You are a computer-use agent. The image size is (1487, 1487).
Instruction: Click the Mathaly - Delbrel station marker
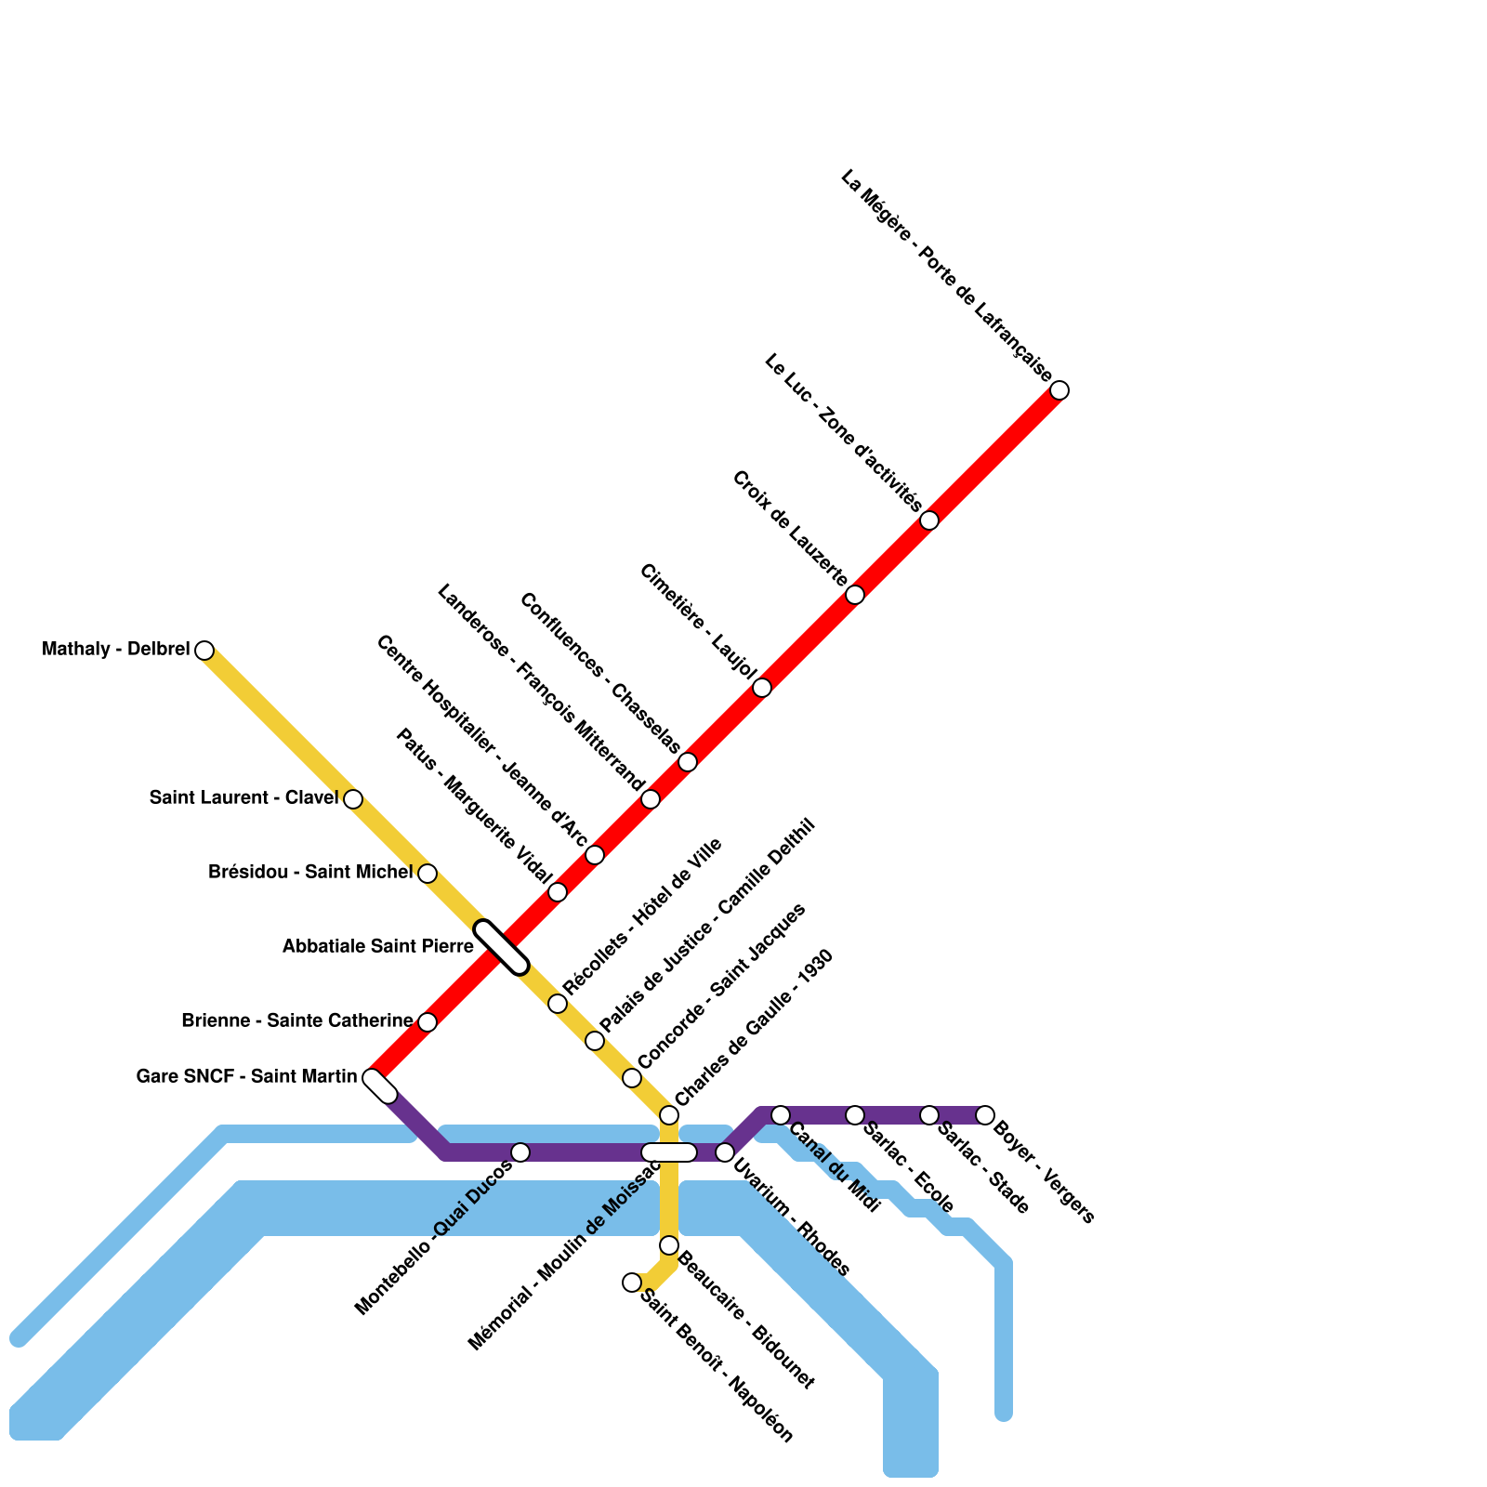tap(204, 651)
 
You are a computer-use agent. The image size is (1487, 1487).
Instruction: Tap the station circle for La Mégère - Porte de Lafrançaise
tap(1059, 390)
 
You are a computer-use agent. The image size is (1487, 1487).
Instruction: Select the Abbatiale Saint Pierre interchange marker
tap(502, 947)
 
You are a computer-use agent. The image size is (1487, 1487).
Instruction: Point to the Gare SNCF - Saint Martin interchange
tap(380, 1086)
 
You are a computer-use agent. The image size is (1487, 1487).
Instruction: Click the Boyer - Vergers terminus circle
tap(985, 1115)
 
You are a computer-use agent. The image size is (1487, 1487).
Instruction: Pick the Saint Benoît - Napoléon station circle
tap(632, 1283)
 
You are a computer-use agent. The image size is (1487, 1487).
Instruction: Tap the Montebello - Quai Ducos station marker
tap(520, 1152)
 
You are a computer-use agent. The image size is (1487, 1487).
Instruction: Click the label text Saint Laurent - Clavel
tap(243, 797)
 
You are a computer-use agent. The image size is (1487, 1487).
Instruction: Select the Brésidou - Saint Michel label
tap(310, 872)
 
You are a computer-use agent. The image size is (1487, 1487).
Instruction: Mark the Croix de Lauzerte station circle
tap(855, 595)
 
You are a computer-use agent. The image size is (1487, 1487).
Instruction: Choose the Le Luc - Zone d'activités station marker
tap(929, 520)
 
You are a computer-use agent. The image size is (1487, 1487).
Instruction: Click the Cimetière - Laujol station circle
tap(762, 688)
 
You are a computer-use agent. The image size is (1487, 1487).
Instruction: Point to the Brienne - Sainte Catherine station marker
tap(428, 1022)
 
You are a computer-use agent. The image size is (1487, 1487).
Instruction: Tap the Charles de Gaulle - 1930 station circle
tap(669, 1115)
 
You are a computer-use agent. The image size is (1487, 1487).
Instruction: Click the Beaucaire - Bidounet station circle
tap(669, 1245)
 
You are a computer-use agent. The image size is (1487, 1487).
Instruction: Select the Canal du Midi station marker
tap(781, 1115)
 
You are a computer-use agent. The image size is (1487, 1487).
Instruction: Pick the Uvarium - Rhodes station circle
tap(725, 1152)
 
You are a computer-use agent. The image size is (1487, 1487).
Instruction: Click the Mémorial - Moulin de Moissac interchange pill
tap(669, 1152)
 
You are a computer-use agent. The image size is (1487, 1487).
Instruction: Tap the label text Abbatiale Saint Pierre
tap(378, 946)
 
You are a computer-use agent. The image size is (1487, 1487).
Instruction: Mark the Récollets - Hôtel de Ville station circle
tap(558, 1004)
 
